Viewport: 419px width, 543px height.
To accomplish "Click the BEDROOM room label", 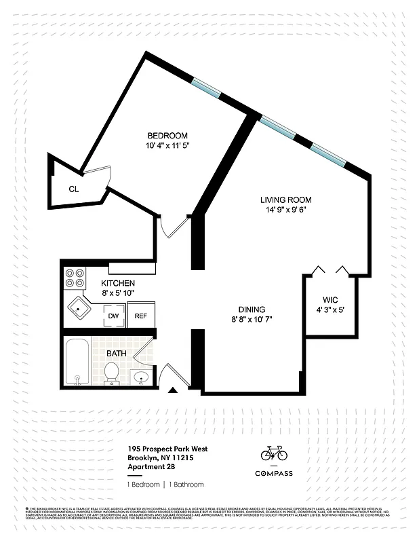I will point(167,136).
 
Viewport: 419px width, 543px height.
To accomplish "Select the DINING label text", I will point(252,309).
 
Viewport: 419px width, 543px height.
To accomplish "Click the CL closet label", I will point(74,189).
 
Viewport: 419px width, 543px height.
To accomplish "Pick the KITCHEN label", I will point(118,283).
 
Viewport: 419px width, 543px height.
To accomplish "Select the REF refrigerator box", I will point(141,316).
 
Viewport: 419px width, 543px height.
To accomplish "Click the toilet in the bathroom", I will point(112,372).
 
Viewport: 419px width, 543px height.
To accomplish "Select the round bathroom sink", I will point(141,377).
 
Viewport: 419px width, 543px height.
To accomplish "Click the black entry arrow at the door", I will point(174,390).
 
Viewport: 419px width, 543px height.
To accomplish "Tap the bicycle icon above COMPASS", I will point(274,453).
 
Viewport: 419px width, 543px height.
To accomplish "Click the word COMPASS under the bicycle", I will point(274,473).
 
